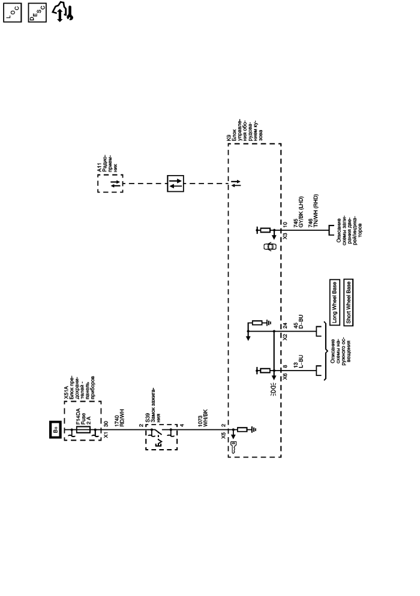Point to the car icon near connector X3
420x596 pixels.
point(268,246)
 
